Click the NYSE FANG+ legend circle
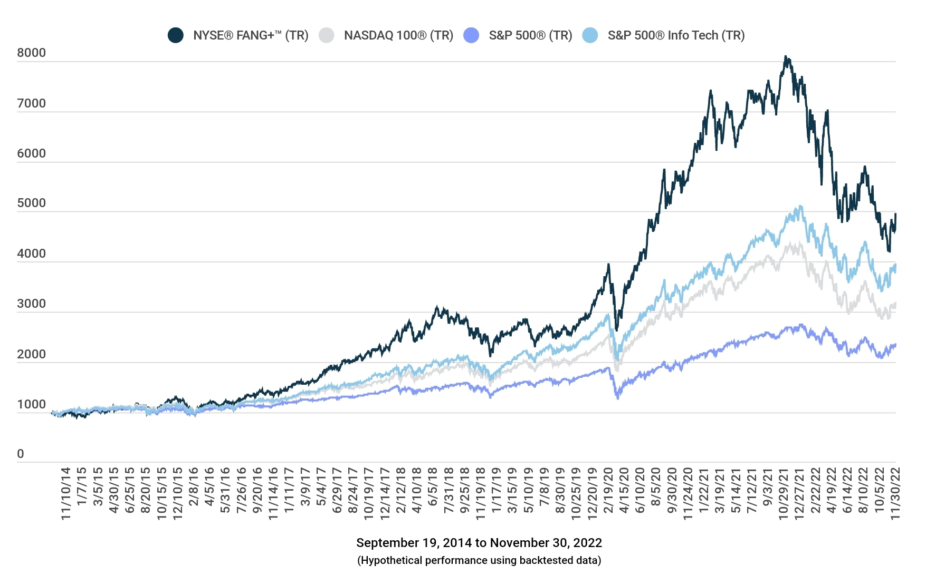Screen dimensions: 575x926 [x=176, y=35]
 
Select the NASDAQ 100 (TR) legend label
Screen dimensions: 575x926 [x=398, y=35]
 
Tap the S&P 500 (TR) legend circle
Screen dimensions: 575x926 [x=471, y=35]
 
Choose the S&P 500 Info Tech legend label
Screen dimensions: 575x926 [x=676, y=35]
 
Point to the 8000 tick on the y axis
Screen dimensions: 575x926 [x=31, y=53]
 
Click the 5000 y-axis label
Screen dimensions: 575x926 [x=31, y=203]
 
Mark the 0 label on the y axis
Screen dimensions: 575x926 [x=21, y=454]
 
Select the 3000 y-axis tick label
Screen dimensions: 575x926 [x=31, y=304]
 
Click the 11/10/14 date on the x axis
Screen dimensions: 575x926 [x=65, y=493]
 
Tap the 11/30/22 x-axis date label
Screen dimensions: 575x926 [x=895, y=493]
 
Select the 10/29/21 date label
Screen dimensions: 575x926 [x=783, y=493]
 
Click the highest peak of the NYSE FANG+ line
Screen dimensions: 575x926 [x=786, y=56]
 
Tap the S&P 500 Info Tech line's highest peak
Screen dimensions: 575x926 [x=800, y=207]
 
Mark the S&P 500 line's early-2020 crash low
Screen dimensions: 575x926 [x=618, y=398]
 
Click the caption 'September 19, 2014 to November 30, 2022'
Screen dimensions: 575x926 [x=479, y=543]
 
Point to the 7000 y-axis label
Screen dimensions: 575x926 [x=31, y=103]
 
